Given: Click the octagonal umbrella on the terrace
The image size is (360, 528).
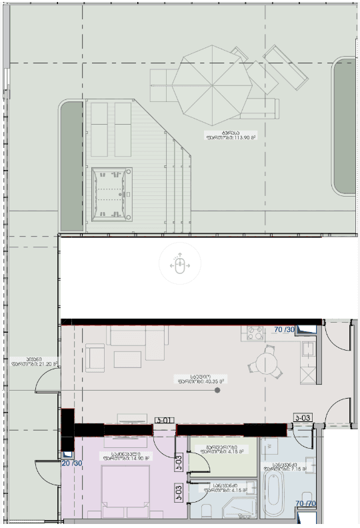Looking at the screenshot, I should pos(211,83).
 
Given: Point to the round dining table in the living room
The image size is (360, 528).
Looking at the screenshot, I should pos(265,364).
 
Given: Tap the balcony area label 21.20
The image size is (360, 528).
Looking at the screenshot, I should pos(33,361).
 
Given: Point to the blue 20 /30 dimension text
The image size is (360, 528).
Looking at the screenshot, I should pos(71,463).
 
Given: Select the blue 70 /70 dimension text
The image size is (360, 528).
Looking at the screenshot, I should pos(306,503).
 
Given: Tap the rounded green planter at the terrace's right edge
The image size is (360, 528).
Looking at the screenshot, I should pos(345,127).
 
